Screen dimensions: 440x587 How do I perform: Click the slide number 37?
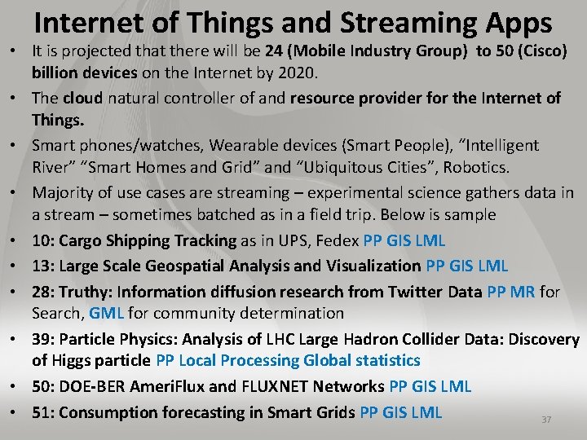(x=546, y=420)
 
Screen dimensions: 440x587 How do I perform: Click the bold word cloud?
(x=82, y=99)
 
